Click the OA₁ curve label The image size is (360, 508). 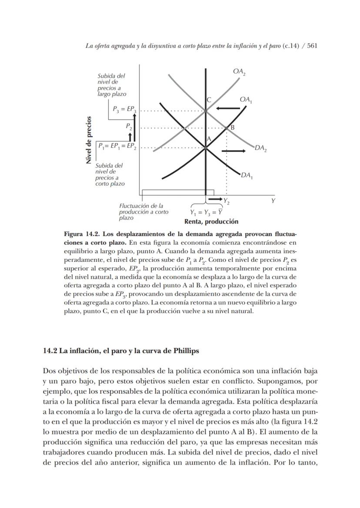246,100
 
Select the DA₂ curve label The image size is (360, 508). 261,148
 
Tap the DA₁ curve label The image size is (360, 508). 247,176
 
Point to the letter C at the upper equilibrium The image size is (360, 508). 209,100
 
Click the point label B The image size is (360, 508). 232,127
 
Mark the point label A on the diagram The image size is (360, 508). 209,138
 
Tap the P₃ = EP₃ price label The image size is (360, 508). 124,110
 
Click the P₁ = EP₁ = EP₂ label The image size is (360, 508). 117,146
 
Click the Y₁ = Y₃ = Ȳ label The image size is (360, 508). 207,212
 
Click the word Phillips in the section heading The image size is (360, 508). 185,351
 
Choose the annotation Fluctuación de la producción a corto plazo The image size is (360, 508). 143,211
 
